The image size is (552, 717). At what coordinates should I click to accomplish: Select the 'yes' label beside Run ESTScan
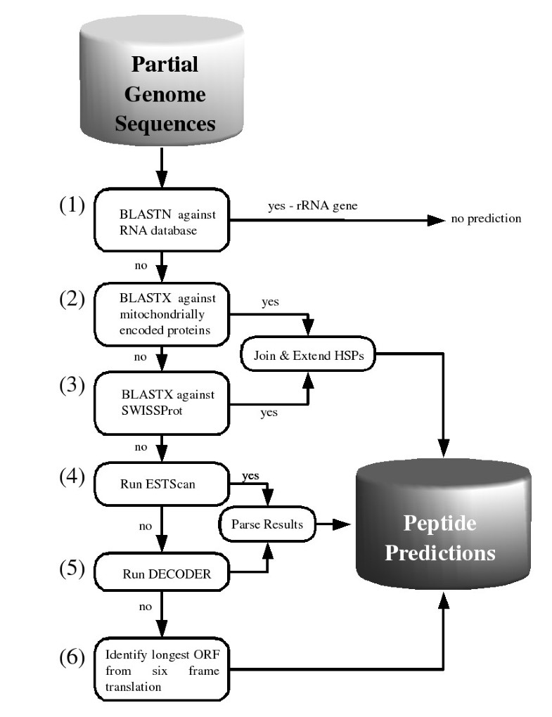pyautogui.click(x=249, y=476)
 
